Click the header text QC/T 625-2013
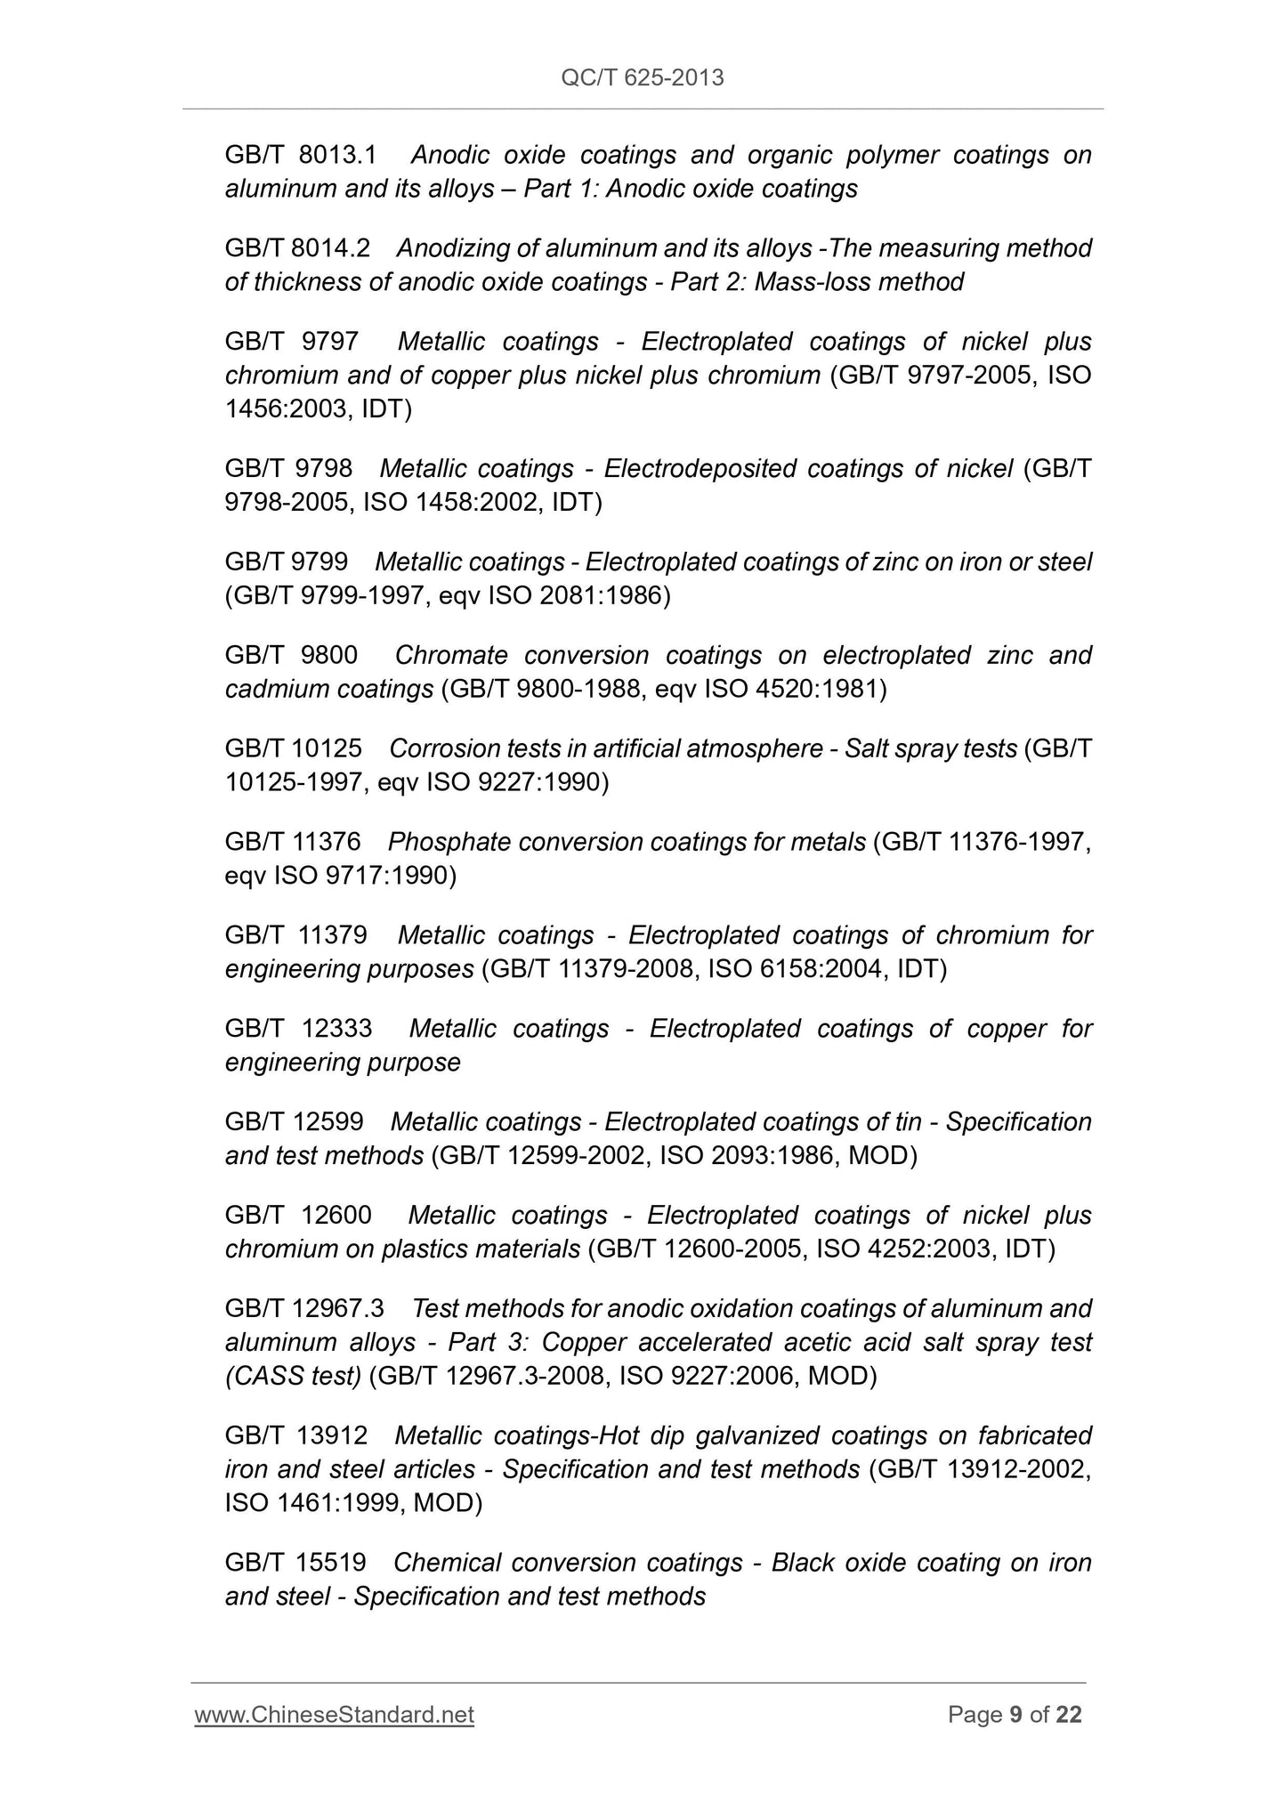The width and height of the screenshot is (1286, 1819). pos(643,78)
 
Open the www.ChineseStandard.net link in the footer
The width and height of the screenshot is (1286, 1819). pos(334,1715)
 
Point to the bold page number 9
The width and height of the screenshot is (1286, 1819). pos(1015,1715)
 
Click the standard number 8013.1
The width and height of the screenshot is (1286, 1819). pos(337,155)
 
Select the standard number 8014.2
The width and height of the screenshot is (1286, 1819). pos(330,248)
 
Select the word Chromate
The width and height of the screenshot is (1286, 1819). pos(451,655)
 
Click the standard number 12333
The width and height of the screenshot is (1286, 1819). pos(337,1029)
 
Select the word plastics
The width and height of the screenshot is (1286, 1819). pos(425,1249)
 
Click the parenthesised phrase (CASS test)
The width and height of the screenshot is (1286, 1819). pos(293,1376)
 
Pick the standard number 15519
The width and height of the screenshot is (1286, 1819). pos(334,1563)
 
